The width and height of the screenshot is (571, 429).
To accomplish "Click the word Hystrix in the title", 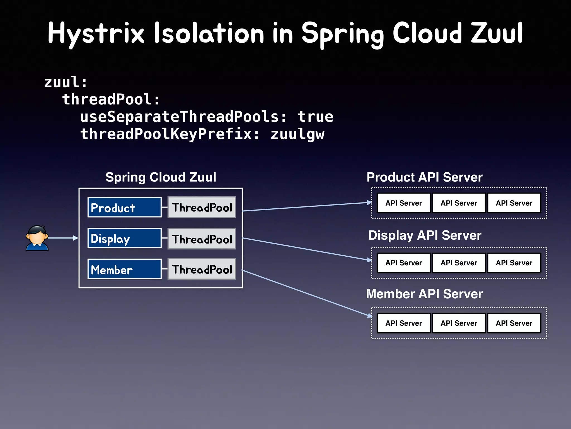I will pyautogui.click(x=96, y=33).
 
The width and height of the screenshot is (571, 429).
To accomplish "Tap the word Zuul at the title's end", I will pyautogui.click(x=497, y=33).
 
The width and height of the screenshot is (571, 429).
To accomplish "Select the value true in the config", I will pyautogui.click(x=315, y=116).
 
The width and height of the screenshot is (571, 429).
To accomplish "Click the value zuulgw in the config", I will pyautogui.click(x=297, y=134).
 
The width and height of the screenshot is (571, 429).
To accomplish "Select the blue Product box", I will pyautogui.click(x=124, y=207).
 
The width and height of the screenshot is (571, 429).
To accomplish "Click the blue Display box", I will pyautogui.click(x=124, y=238).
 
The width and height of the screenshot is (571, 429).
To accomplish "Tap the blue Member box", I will pyautogui.click(x=124, y=269).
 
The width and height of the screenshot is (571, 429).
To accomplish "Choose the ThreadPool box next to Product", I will pyautogui.click(x=202, y=207).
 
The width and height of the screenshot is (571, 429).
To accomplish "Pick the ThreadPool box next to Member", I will pyautogui.click(x=202, y=269).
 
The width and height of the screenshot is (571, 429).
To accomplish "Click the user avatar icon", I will pyautogui.click(x=37, y=238).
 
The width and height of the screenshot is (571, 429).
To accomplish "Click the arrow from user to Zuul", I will pyautogui.click(x=63, y=238).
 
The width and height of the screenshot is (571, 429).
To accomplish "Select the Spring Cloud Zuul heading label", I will pyautogui.click(x=161, y=177).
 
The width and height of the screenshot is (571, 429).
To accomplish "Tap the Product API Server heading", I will pyautogui.click(x=424, y=177).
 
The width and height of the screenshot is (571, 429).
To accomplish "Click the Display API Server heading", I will pyautogui.click(x=424, y=235).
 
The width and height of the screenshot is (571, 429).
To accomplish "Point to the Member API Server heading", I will pyautogui.click(x=424, y=294).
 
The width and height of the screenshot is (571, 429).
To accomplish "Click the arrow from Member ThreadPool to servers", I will pyautogui.click(x=307, y=293).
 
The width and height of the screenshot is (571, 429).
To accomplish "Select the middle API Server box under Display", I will pyautogui.click(x=459, y=263).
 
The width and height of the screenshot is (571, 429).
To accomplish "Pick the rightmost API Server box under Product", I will pyautogui.click(x=514, y=203).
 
